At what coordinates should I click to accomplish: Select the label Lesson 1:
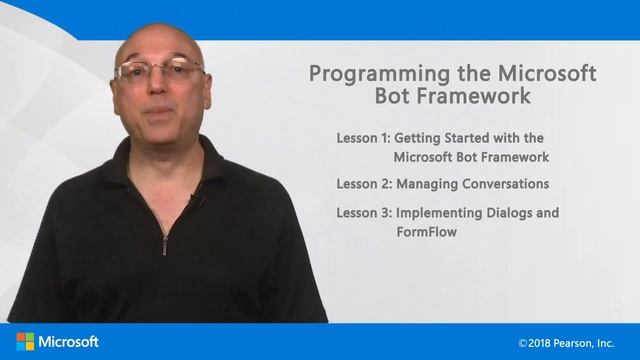pos(364,138)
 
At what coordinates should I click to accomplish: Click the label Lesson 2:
pos(364,184)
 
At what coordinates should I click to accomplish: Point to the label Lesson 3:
pos(364,213)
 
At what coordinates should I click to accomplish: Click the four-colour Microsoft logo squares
pos(25,342)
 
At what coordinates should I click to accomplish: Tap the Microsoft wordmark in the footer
pos(69,342)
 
